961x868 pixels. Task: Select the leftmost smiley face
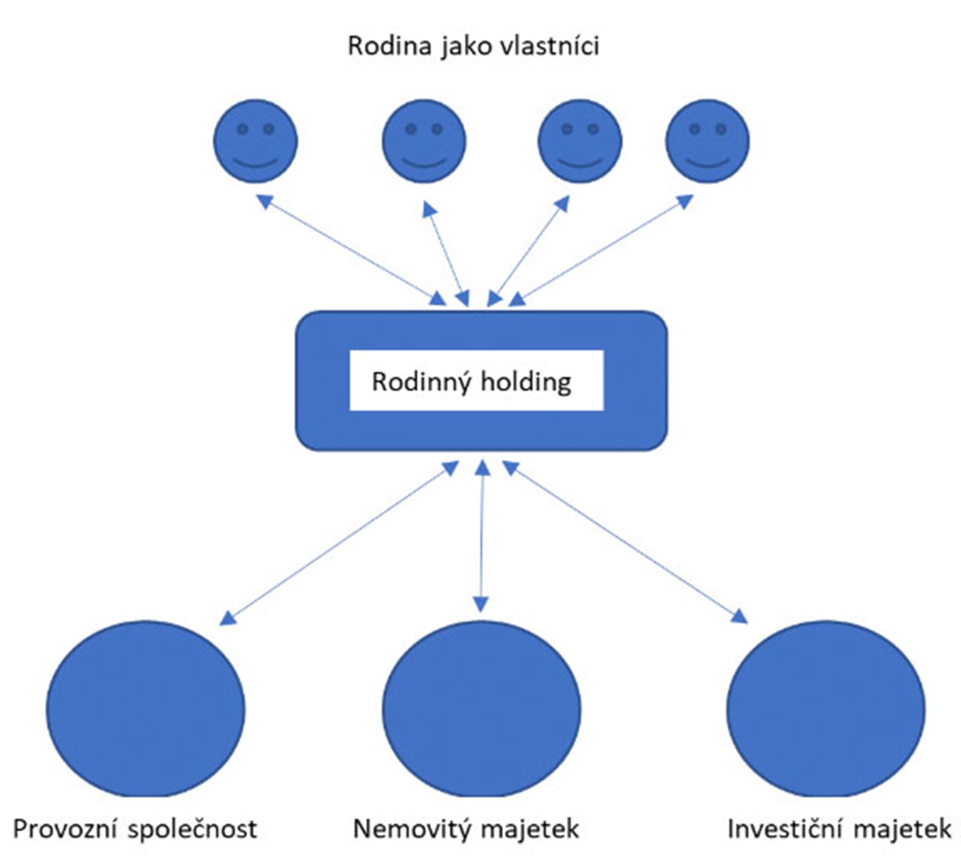coord(255,141)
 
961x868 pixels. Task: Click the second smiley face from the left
coord(424,141)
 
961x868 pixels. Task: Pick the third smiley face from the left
coord(580,141)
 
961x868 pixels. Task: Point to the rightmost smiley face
coord(707,141)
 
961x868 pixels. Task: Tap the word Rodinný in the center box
coord(421,383)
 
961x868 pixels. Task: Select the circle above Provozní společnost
coord(146,709)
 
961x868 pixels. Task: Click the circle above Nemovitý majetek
coord(482,709)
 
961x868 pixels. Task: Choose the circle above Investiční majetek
coord(826,709)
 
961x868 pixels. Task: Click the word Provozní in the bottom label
coord(66,829)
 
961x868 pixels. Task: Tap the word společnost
coord(192,829)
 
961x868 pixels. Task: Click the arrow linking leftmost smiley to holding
coord(353,250)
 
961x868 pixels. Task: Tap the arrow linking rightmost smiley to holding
coord(601,250)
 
